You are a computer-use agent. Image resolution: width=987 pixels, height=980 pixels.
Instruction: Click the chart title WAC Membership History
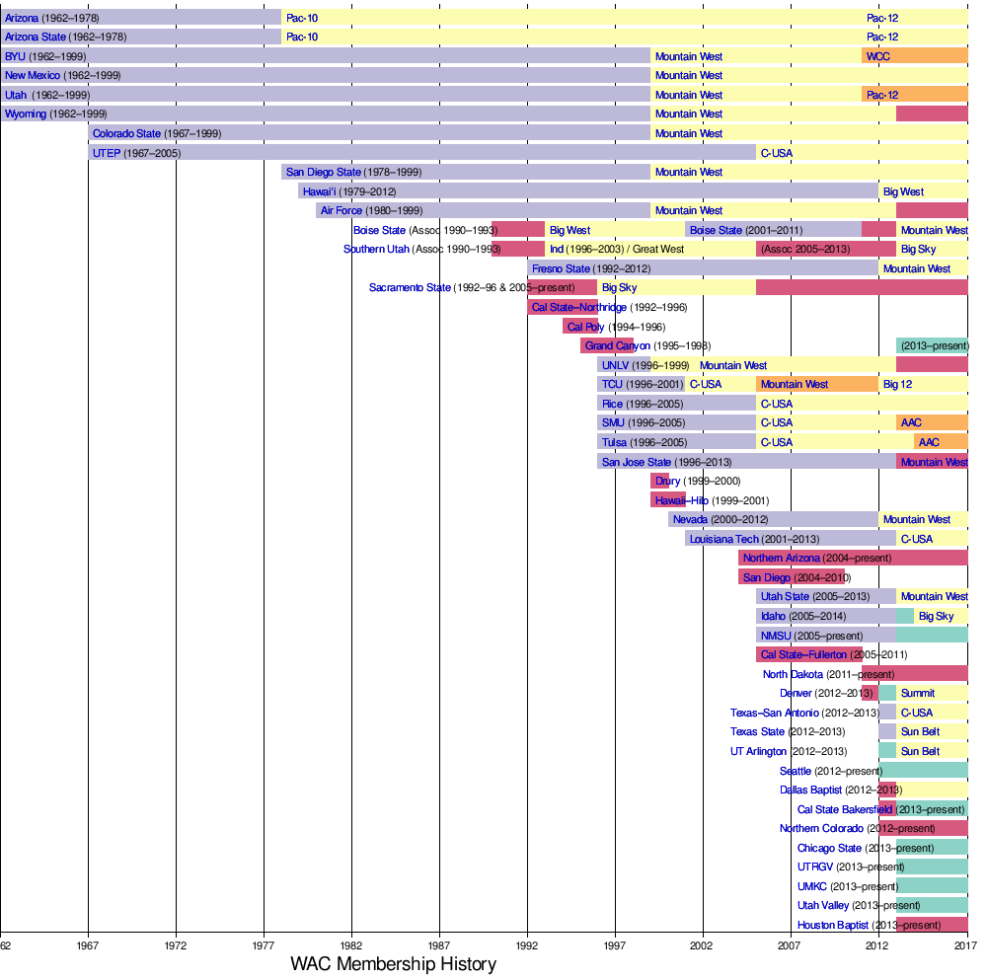[393, 964]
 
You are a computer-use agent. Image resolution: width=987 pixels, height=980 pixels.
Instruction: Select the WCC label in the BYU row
[877, 56]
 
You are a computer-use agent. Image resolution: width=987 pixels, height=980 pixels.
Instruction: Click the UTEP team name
[106, 153]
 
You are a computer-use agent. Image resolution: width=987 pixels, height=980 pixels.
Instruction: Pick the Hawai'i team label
[320, 191]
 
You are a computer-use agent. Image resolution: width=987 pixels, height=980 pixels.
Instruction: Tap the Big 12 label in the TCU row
[897, 384]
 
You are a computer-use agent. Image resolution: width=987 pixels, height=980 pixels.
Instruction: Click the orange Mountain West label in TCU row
[794, 384]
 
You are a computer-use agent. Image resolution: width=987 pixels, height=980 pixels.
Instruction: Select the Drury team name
[667, 481]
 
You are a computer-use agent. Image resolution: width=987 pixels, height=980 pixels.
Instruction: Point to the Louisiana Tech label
[724, 539]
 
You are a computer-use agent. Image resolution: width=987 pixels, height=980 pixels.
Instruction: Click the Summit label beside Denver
[917, 693]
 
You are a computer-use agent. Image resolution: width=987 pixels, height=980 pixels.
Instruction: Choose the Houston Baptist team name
[833, 925]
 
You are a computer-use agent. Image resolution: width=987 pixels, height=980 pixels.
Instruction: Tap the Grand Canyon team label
[617, 345]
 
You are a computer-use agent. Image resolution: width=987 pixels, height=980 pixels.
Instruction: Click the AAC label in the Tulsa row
[929, 442]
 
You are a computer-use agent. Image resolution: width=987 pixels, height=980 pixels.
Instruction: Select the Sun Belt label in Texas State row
[920, 731]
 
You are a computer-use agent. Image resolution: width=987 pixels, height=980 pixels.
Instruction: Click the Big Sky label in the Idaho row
[936, 616]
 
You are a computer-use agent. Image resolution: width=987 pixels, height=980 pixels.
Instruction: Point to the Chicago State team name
[829, 848]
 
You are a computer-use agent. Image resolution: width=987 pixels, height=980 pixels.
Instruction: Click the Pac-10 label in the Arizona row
[301, 18]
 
